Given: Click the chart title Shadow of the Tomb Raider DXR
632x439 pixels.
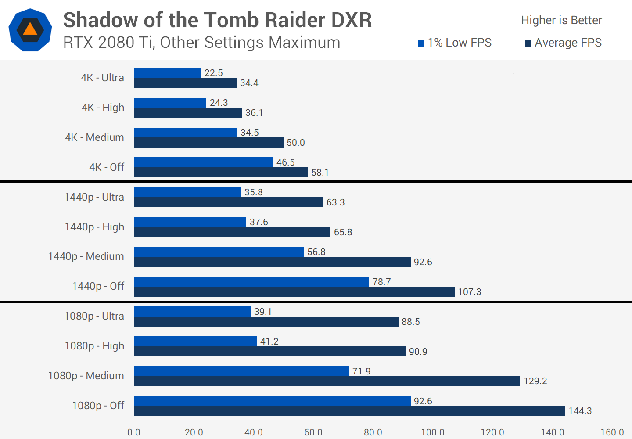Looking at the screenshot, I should [217, 20].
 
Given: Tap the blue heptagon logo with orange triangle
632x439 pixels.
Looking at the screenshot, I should [30, 30].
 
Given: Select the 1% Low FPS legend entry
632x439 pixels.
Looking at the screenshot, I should [455, 43].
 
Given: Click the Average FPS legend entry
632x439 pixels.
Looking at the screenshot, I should [563, 43].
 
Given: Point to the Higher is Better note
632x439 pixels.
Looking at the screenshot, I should [561, 20].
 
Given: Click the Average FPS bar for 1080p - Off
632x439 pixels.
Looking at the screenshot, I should [349, 411].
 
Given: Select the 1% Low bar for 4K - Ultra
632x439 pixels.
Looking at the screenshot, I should [168, 73].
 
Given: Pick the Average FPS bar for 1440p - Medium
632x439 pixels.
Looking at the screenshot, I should [272, 262].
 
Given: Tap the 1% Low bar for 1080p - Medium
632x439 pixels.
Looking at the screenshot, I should [241, 371].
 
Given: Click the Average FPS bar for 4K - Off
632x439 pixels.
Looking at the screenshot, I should [221, 173].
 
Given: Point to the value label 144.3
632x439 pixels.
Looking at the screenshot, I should [580, 411].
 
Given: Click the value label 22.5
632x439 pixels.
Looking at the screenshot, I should [214, 73].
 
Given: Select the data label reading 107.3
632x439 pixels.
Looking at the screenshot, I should [470, 292].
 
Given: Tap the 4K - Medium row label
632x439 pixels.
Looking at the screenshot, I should [94, 137].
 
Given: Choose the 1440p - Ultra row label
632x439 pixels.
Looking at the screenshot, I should [94, 197].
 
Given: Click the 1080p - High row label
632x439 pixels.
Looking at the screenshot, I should [94, 346].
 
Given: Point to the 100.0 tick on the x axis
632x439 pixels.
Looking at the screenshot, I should [433, 432].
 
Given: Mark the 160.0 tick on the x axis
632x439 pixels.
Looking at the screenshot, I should [612, 432].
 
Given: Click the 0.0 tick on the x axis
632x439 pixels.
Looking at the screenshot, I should [134, 432].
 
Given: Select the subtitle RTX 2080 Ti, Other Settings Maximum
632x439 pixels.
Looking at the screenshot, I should [201, 43].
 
